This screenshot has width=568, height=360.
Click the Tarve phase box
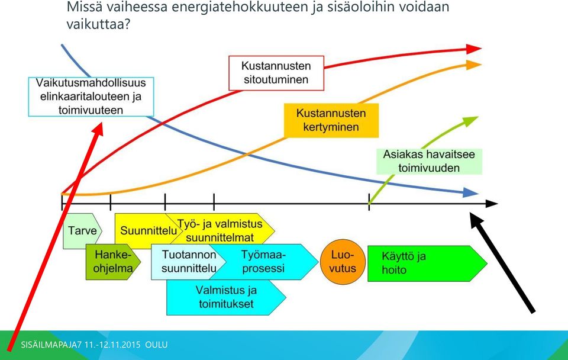tap(82, 231)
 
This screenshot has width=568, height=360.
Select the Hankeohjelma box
tap(113, 262)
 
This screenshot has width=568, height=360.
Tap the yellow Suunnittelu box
tap(145, 231)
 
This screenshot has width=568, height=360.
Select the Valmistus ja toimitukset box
tap(226, 297)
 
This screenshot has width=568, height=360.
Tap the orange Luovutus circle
tap(343, 262)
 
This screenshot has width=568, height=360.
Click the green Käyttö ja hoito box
tap(427, 263)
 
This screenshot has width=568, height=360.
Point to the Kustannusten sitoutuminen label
tap(276, 73)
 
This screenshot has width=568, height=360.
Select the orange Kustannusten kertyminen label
tap(331, 120)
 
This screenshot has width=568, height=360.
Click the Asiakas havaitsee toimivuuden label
tap(430, 161)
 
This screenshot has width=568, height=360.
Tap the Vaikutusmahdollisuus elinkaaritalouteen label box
tap(91, 97)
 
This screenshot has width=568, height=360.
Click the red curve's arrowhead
tap(473, 49)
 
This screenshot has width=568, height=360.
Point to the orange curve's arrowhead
tap(473, 65)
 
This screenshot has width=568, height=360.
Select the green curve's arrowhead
tap(471, 121)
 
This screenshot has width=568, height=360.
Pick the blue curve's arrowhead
tap(471, 193)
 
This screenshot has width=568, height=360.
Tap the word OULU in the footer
tap(156, 345)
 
